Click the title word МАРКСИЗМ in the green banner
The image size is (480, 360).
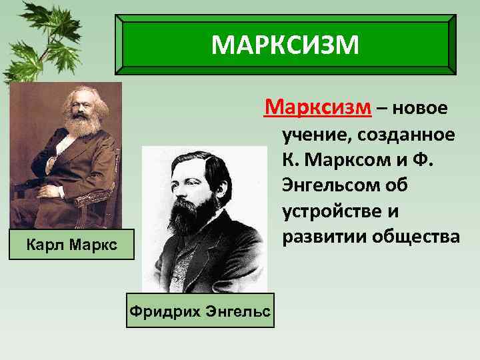285,45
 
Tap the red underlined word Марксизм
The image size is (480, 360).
307,107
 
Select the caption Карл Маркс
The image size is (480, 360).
72,245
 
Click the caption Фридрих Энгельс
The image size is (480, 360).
200,311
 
